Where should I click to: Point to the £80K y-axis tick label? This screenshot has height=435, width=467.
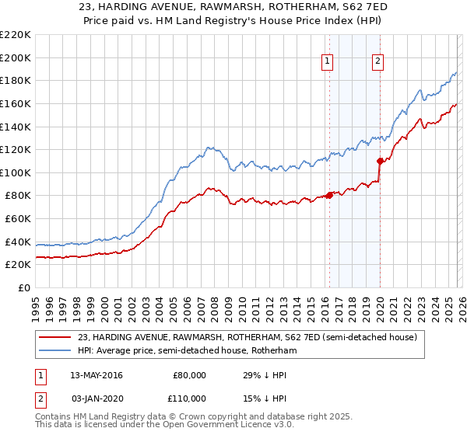(17, 196)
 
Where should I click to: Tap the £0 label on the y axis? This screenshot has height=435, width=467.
(24, 288)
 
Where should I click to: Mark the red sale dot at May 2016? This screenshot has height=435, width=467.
(329, 195)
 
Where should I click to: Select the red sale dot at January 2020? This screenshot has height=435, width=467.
(380, 161)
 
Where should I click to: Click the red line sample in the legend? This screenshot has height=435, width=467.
(55, 337)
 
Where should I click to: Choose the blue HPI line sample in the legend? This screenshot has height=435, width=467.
(55, 350)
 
